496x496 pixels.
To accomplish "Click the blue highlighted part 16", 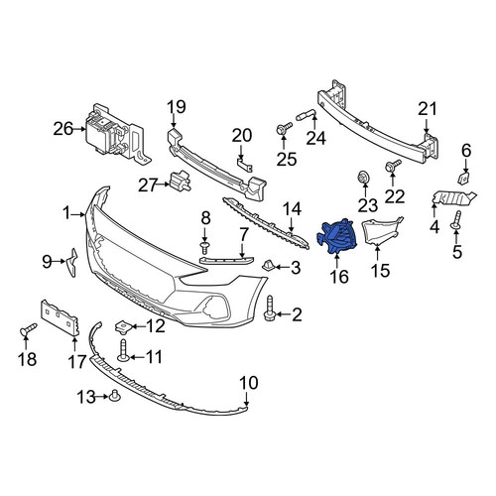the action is pyautogui.click(x=337, y=236).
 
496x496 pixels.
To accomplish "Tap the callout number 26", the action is pyautogui.click(x=63, y=129).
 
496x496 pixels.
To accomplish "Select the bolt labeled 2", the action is pyautogui.click(x=269, y=308).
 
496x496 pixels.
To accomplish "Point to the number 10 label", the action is pyautogui.click(x=248, y=383).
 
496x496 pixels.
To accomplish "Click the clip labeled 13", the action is pyautogui.click(x=115, y=396).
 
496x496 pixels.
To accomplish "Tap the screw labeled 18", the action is pyautogui.click(x=28, y=329).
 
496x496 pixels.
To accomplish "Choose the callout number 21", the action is pyautogui.click(x=428, y=109).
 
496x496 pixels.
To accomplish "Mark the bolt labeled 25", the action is pyautogui.click(x=284, y=129).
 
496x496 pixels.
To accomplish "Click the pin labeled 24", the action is pyautogui.click(x=307, y=115).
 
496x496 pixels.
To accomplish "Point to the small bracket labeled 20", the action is pyautogui.click(x=245, y=165).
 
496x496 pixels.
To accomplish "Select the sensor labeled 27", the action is pyautogui.click(x=180, y=182).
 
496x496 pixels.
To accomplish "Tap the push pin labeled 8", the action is pyautogui.click(x=205, y=247).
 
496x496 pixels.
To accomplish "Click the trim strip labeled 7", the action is pyautogui.click(x=227, y=260).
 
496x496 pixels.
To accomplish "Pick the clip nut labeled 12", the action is pyautogui.click(x=123, y=327).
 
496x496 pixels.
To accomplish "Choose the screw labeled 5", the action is pyautogui.click(x=456, y=220).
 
